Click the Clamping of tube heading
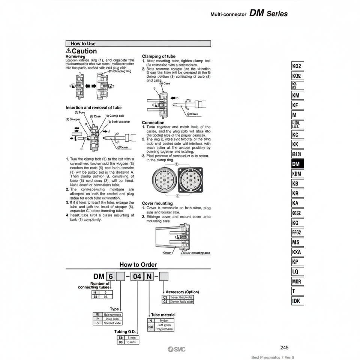(x=159, y=56)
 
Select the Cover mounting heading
(x=157, y=203)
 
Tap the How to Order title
(x=138, y=264)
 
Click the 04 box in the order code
(x=138, y=277)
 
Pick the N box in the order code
(x=149, y=277)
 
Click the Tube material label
(x=163, y=315)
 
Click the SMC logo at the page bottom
(x=177, y=349)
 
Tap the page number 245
(x=284, y=348)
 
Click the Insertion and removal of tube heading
(x=93, y=108)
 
